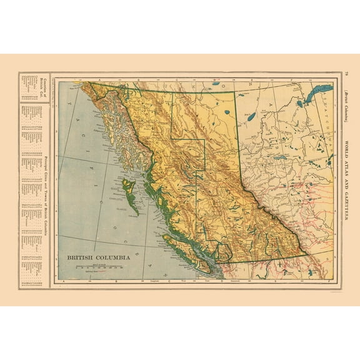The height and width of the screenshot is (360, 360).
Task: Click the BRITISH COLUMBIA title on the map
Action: [x=99, y=257]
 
